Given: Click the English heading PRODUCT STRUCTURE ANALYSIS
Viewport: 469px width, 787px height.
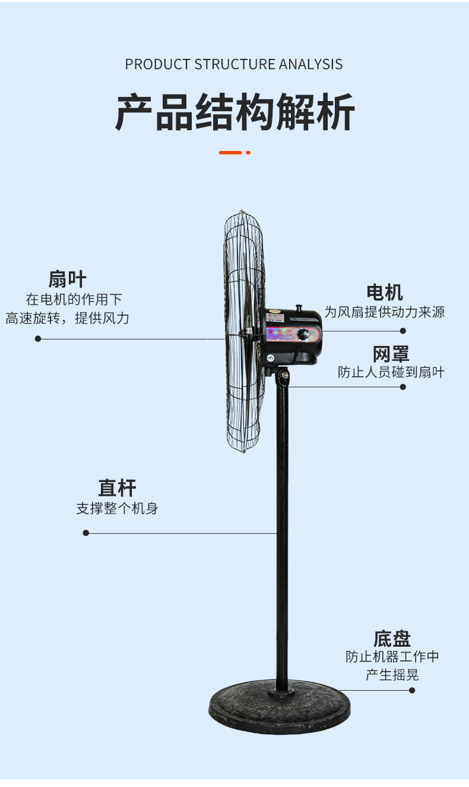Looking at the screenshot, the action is tap(234, 64).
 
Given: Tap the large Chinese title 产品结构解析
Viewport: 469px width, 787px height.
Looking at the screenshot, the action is tap(235, 112).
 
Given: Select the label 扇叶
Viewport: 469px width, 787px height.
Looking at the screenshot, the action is tap(67, 279).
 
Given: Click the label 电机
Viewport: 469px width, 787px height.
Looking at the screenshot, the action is tap(385, 292).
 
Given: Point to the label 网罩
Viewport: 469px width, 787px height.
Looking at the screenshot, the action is tap(391, 354).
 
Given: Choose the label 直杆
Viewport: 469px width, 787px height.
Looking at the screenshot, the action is tap(117, 488).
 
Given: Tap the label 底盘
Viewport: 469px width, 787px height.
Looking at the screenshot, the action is tap(392, 639).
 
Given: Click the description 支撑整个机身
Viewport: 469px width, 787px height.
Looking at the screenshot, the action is tap(117, 509).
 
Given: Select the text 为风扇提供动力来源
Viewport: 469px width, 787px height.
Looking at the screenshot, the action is tap(384, 312).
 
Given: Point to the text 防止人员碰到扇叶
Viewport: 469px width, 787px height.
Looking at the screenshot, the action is tap(391, 373).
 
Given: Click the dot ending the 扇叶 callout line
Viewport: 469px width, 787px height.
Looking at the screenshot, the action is tap(38, 339).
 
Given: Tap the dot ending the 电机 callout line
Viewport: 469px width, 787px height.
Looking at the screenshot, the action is tap(403, 331).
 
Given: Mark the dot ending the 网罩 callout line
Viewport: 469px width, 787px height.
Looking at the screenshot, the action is tap(403, 387).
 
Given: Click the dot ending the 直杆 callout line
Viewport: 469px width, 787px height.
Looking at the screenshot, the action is tap(85, 533).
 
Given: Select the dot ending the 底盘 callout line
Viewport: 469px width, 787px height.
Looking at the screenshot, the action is tap(412, 690).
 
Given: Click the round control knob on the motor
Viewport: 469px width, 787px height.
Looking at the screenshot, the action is tap(304, 335).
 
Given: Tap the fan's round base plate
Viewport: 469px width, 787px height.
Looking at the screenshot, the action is tap(279, 707).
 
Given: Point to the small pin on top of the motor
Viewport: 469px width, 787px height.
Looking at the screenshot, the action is tap(299, 308).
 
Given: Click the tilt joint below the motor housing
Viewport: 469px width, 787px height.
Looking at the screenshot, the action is tap(283, 376).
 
